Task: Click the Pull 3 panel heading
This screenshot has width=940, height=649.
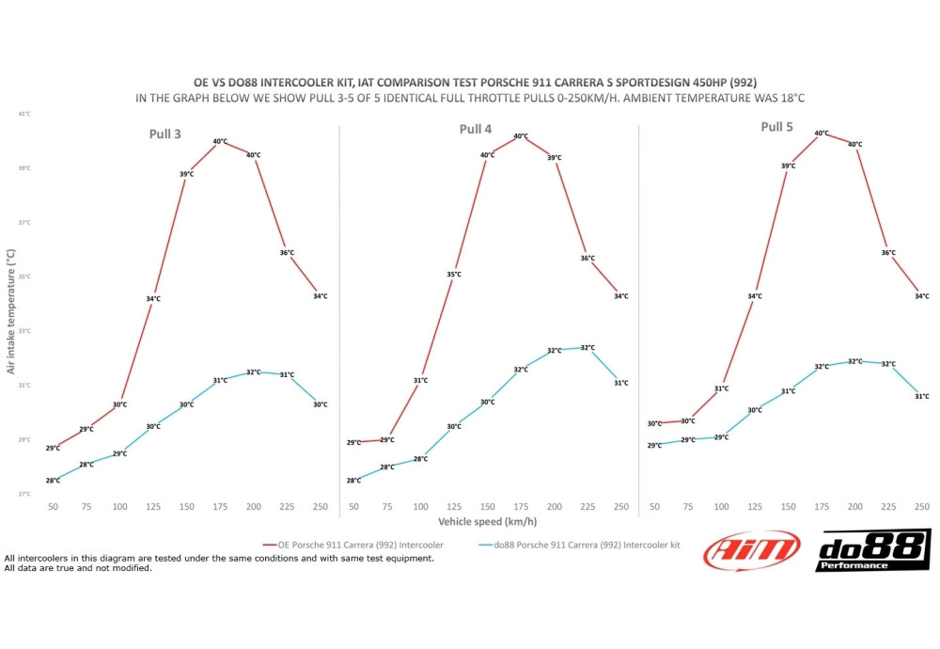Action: click(165, 134)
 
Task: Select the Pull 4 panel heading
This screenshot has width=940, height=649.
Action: click(478, 128)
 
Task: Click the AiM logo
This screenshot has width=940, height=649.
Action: click(752, 551)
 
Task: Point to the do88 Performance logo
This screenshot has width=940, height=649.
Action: click(872, 550)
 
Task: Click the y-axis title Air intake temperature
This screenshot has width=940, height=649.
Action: click(11, 311)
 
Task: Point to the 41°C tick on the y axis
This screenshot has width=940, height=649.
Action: click(23, 114)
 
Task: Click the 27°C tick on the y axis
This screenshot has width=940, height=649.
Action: click(23, 494)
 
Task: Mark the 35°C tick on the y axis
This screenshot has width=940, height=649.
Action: click(23, 277)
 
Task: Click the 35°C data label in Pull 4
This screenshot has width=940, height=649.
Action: click(454, 275)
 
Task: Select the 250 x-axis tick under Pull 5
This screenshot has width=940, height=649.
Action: click(921, 507)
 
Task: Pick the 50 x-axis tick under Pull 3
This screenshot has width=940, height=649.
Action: click(54, 507)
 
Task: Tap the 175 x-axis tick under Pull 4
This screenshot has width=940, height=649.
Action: click(521, 507)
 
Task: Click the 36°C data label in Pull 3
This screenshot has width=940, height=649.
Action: click(287, 252)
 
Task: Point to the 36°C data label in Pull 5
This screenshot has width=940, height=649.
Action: click(888, 252)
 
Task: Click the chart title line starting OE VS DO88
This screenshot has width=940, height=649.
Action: click(470, 83)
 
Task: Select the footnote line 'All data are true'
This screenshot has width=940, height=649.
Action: click(79, 567)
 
